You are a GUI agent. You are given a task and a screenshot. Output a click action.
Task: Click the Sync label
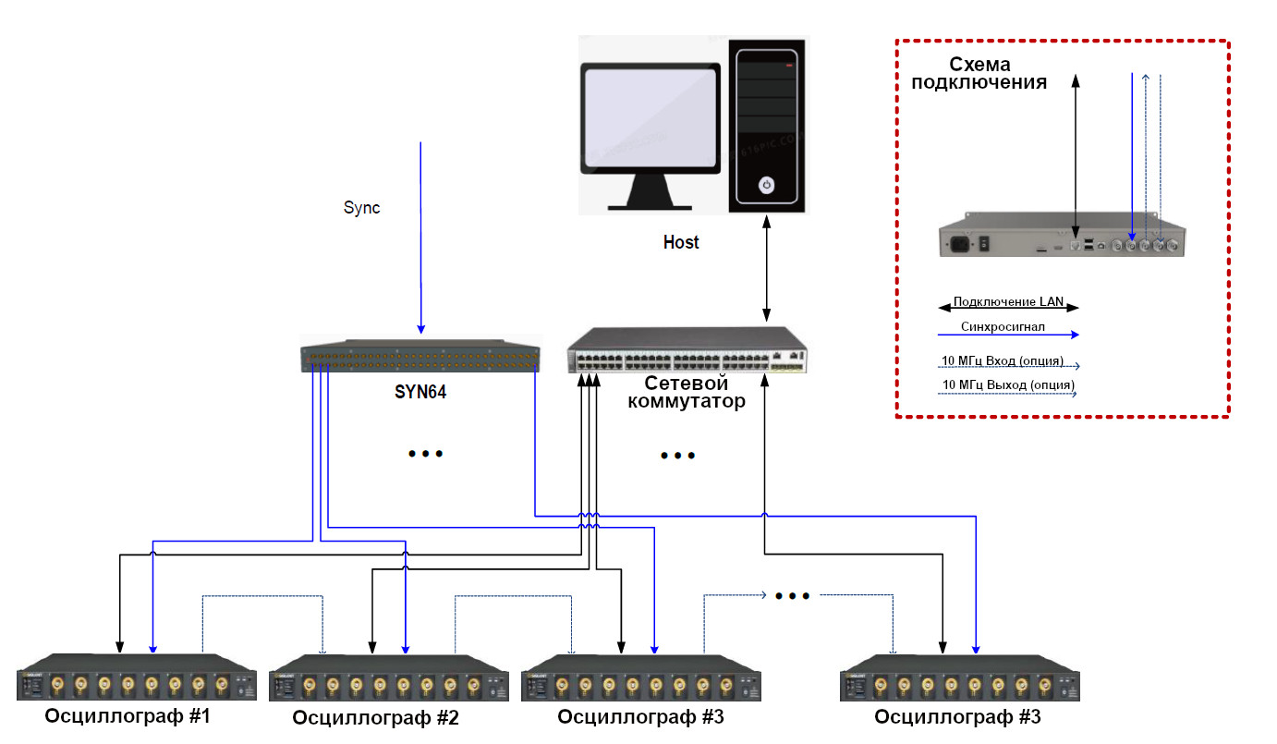click(361, 208)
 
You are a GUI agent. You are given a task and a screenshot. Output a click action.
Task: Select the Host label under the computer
click(681, 243)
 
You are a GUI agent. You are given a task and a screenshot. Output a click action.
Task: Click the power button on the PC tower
click(766, 185)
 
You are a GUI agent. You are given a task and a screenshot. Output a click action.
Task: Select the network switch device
click(687, 351)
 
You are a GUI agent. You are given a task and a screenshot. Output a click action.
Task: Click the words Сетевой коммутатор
click(686, 393)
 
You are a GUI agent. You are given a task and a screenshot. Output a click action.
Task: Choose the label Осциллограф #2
click(375, 718)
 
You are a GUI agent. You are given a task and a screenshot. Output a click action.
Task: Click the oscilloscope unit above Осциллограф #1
click(136, 678)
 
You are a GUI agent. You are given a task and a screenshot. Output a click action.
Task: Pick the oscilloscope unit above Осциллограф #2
click(389, 680)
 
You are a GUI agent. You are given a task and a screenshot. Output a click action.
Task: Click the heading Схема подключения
click(979, 73)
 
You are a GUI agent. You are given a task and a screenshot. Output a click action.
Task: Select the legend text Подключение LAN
click(1009, 301)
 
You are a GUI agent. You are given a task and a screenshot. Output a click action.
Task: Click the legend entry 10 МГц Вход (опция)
click(1002, 360)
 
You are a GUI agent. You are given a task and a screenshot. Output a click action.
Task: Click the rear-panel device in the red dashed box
click(1062, 239)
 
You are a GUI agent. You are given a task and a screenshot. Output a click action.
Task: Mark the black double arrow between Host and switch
click(765, 268)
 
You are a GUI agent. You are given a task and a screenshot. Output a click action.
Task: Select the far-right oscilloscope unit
click(959, 680)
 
